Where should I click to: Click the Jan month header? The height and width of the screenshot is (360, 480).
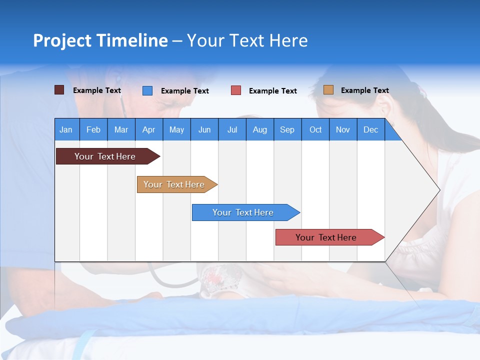point(66,129)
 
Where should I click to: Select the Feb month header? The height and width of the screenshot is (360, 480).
point(93,129)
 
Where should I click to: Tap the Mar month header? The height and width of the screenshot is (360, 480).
point(121,129)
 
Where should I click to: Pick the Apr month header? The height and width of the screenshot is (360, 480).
point(149,129)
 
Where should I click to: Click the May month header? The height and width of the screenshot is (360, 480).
point(176,129)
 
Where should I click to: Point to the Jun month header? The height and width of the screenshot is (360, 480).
point(204,129)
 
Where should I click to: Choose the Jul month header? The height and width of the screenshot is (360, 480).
point(232,129)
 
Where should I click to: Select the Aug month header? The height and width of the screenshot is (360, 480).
point(259,129)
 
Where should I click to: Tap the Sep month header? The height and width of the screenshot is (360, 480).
point(287,129)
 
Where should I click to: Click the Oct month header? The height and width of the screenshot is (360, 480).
point(315,129)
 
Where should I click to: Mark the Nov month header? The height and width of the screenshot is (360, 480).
point(343,129)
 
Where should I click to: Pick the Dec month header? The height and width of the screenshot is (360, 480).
point(371,129)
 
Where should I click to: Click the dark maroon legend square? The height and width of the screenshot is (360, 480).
point(59,90)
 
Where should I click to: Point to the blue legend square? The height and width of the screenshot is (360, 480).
point(147,90)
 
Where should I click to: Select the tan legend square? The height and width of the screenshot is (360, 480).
point(328,90)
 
